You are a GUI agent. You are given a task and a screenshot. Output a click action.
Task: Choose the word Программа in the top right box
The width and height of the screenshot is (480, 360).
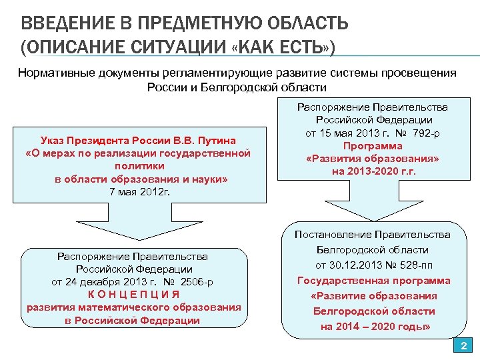pyautogui.click(x=373, y=145)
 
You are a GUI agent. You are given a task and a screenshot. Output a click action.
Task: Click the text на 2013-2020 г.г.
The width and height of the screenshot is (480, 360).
pyautogui.click(x=373, y=171)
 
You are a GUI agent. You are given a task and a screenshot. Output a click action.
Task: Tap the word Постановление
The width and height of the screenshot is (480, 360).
pyautogui.click(x=333, y=234)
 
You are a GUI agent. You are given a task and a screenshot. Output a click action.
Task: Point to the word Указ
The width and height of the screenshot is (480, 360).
pyautogui.click(x=53, y=141)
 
